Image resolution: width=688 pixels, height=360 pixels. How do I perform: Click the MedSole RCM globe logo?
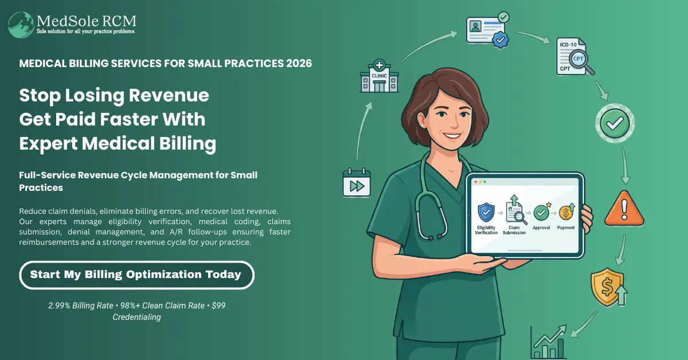pyautogui.click(x=21, y=25)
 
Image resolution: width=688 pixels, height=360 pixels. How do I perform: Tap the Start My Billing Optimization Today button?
pyautogui.click(x=136, y=275)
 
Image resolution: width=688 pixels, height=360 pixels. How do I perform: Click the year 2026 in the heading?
pyautogui.click(x=299, y=63)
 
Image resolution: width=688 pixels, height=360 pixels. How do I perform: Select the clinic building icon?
pyautogui.click(x=380, y=76)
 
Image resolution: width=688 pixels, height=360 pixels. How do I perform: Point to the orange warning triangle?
pyautogui.click(x=624, y=209)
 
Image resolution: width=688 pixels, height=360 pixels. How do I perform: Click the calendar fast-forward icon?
pyautogui.click(x=357, y=182)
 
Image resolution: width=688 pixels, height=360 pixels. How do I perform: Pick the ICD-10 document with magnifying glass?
pyautogui.click(x=574, y=57)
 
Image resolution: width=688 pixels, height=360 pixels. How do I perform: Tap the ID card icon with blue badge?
pyautogui.click(x=487, y=30)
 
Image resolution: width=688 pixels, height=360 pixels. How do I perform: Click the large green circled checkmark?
pyautogui.click(x=615, y=123)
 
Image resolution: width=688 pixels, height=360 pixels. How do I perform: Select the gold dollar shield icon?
pyautogui.click(x=608, y=287)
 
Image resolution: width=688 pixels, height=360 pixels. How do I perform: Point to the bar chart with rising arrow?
pyautogui.click(x=549, y=342)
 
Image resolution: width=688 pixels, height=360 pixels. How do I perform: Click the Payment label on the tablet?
pyautogui.click(x=566, y=228)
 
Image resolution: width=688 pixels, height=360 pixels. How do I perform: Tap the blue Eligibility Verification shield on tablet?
pyautogui.click(x=486, y=212)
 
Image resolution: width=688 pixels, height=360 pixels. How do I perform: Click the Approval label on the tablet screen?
pyautogui.click(x=541, y=228)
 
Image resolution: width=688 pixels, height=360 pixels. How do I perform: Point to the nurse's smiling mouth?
pyautogui.click(x=452, y=135)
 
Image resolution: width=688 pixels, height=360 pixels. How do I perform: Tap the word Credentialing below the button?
pyautogui.click(x=136, y=317)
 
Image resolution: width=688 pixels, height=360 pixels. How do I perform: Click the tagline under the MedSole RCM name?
pyautogui.click(x=86, y=32)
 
